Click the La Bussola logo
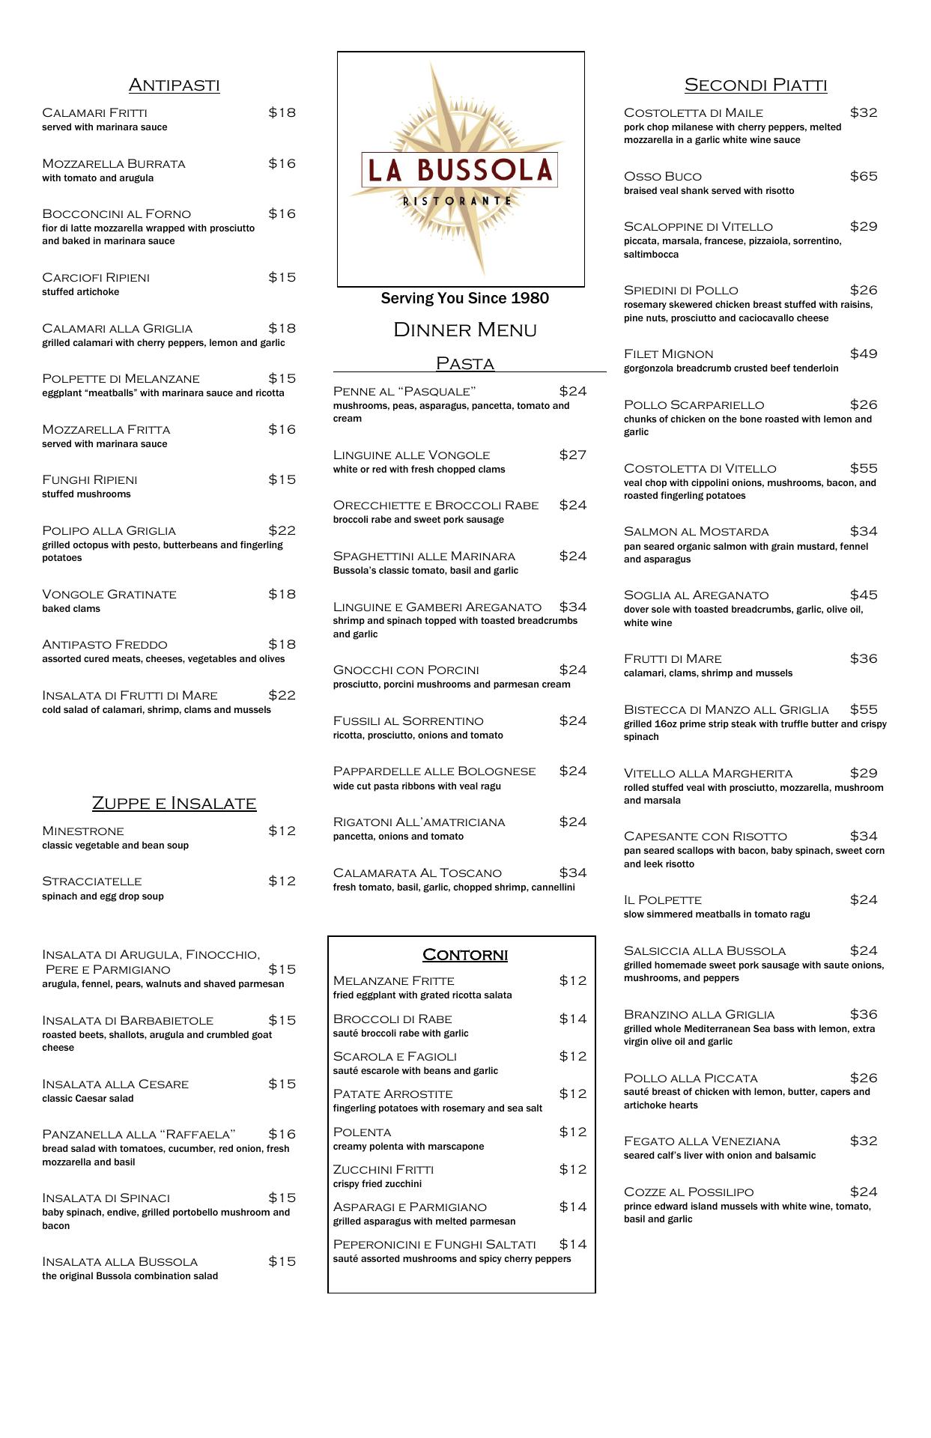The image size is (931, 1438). pyautogui.click(x=460, y=169)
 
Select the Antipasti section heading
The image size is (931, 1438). pyautogui.click(x=174, y=85)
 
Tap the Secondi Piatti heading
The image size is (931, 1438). pyautogui.click(x=755, y=85)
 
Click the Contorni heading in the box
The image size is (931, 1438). pyautogui.click(x=464, y=954)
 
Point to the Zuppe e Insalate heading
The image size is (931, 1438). pyautogui.click(x=174, y=803)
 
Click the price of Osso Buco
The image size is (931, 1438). pyautogui.click(x=863, y=176)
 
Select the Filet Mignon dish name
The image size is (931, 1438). pyautogui.click(x=668, y=354)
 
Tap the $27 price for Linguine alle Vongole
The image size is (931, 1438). pyautogui.click(x=572, y=455)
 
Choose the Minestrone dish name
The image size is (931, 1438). pyautogui.click(x=83, y=831)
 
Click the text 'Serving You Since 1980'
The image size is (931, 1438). pyautogui.click(x=464, y=298)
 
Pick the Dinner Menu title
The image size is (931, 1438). pyautogui.click(x=464, y=330)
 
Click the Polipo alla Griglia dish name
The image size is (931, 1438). pyautogui.click(x=109, y=530)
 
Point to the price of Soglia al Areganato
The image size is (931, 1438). pyautogui.click(x=863, y=595)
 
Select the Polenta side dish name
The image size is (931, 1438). pyautogui.click(x=362, y=1132)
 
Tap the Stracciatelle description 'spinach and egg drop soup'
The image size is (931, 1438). pyautogui.click(x=103, y=896)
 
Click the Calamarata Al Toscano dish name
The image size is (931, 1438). pyautogui.click(x=417, y=873)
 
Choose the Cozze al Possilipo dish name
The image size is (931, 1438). pyautogui.click(x=688, y=1192)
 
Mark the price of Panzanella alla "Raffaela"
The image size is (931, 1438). pyautogui.click(x=282, y=1134)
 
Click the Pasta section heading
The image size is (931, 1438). pyautogui.click(x=464, y=363)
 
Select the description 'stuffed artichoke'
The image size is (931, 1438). pyautogui.click(x=80, y=292)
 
